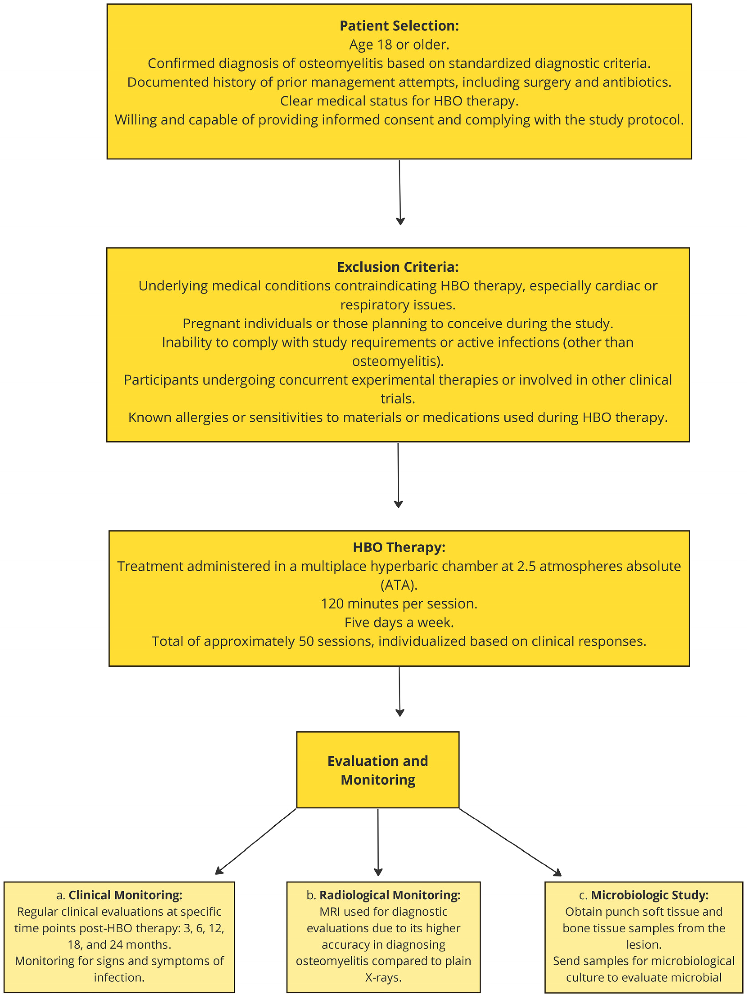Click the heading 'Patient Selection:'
pos(399,26)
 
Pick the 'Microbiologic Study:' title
pos(649,895)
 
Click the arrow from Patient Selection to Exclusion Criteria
pos(400,192)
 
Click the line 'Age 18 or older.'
pos(399,45)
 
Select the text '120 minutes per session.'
pos(399,603)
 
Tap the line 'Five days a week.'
pos(399,622)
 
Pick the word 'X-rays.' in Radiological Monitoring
pos(383,977)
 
